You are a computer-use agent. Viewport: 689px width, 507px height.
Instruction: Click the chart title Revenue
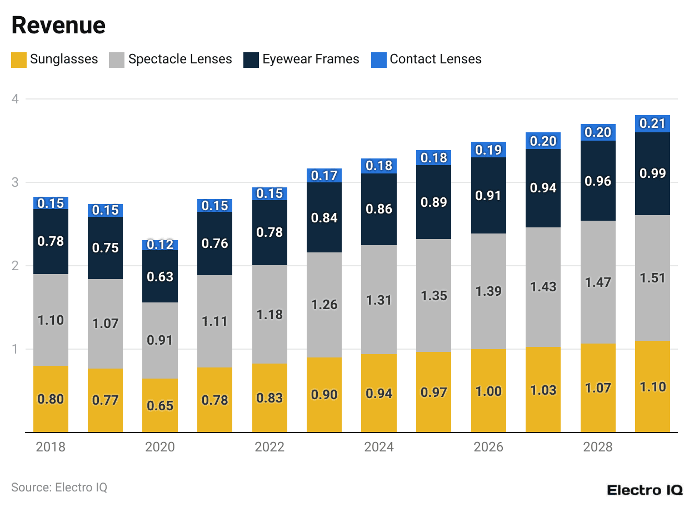(x=58, y=26)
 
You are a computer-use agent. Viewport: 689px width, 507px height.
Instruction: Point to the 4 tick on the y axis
(x=16, y=100)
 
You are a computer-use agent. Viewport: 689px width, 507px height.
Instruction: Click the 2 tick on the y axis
(x=16, y=266)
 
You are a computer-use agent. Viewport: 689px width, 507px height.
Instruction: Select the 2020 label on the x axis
(x=160, y=447)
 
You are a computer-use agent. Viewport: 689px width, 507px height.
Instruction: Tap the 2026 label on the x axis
(x=488, y=447)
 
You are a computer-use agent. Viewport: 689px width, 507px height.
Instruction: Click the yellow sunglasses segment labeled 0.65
(x=160, y=405)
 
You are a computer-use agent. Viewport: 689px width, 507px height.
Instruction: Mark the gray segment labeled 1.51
(x=652, y=278)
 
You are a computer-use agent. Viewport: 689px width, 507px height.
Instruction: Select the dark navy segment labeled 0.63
(x=160, y=276)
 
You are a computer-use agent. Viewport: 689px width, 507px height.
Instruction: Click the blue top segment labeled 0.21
(x=652, y=123)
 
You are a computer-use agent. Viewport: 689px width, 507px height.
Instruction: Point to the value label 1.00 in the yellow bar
(x=488, y=391)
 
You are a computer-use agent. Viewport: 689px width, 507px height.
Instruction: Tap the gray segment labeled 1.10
(x=51, y=320)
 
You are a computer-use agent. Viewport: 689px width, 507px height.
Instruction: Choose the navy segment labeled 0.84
(x=324, y=217)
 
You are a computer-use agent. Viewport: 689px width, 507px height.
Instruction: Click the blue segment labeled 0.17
(x=324, y=176)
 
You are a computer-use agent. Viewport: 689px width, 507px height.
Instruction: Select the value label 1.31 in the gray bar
(x=378, y=300)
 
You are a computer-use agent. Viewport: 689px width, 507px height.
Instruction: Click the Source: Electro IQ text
(x=59, y=488)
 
